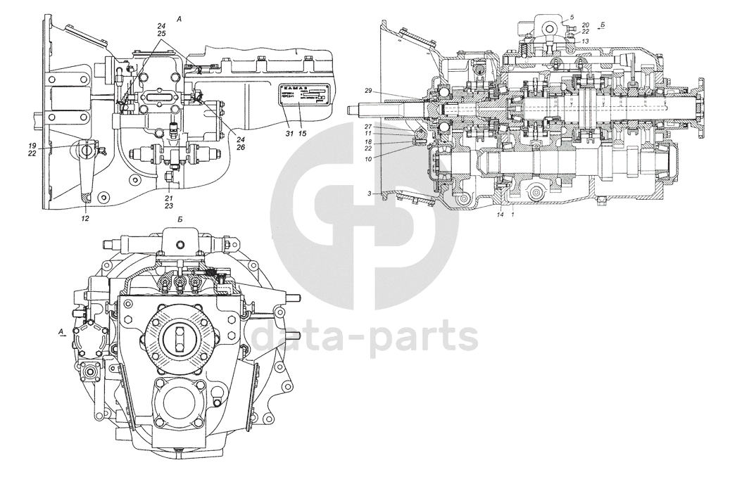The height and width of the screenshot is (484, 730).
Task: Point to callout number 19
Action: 32,145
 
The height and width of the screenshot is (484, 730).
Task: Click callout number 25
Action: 161,33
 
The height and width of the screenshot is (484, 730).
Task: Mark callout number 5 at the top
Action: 572,17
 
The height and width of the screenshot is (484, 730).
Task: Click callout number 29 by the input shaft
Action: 368,92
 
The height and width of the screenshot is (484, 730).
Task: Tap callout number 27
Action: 368,127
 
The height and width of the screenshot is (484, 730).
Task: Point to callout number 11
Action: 368,134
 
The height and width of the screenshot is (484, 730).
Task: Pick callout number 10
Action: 368,158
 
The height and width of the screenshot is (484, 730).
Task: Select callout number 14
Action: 501,214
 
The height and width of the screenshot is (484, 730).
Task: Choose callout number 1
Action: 512,214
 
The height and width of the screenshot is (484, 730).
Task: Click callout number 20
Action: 586,25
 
